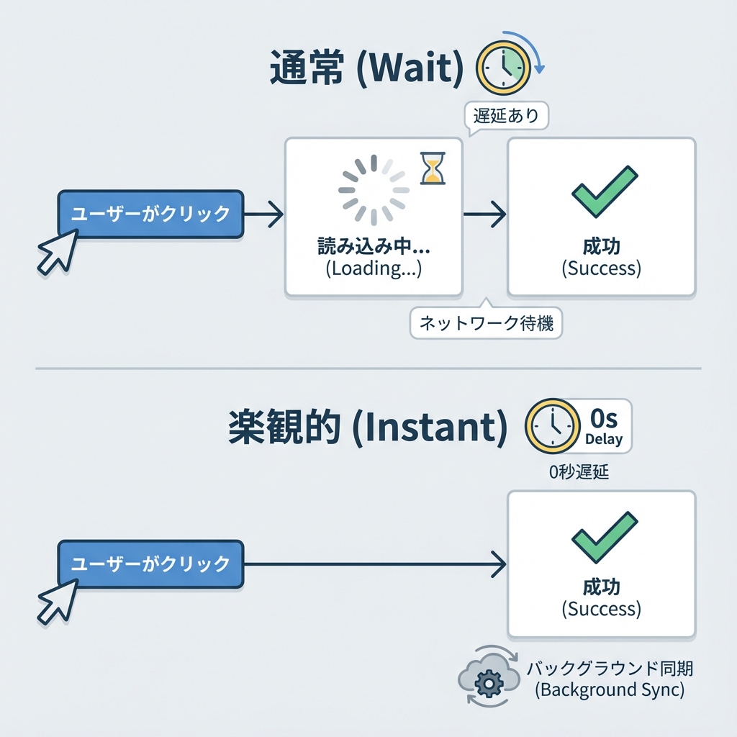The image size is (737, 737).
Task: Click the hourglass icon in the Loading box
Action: pyautogui.click(x=433, y=168)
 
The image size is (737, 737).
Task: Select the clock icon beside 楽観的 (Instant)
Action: pyautogui.click(x=553, y=427)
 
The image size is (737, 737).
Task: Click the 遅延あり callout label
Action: pyautogui.click(x=507, y=116)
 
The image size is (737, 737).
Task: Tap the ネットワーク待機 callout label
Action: pyautogui.click(x=487, y=323)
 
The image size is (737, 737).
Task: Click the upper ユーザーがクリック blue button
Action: pyautogui.click(x=150, y=214)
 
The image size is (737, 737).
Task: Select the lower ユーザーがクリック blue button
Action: pyautogui.click(x=150, y=564)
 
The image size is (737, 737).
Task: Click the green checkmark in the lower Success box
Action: pyautogui.click(x=604, y=537)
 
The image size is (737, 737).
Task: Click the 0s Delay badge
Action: pyautogui.click(x=603, y=426)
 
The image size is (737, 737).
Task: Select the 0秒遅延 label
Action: pyautogui.click(x=579, y=472)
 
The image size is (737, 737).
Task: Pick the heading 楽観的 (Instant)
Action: pyautogui.click(x=363, y=428)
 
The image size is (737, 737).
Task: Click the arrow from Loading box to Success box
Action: pyautogui.click(x=485, y=214)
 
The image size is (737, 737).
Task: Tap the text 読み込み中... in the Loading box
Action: pyautogui.click(x=374, y=247)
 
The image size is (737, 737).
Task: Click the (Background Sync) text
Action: pyautogui.click(x=609, y=689)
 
